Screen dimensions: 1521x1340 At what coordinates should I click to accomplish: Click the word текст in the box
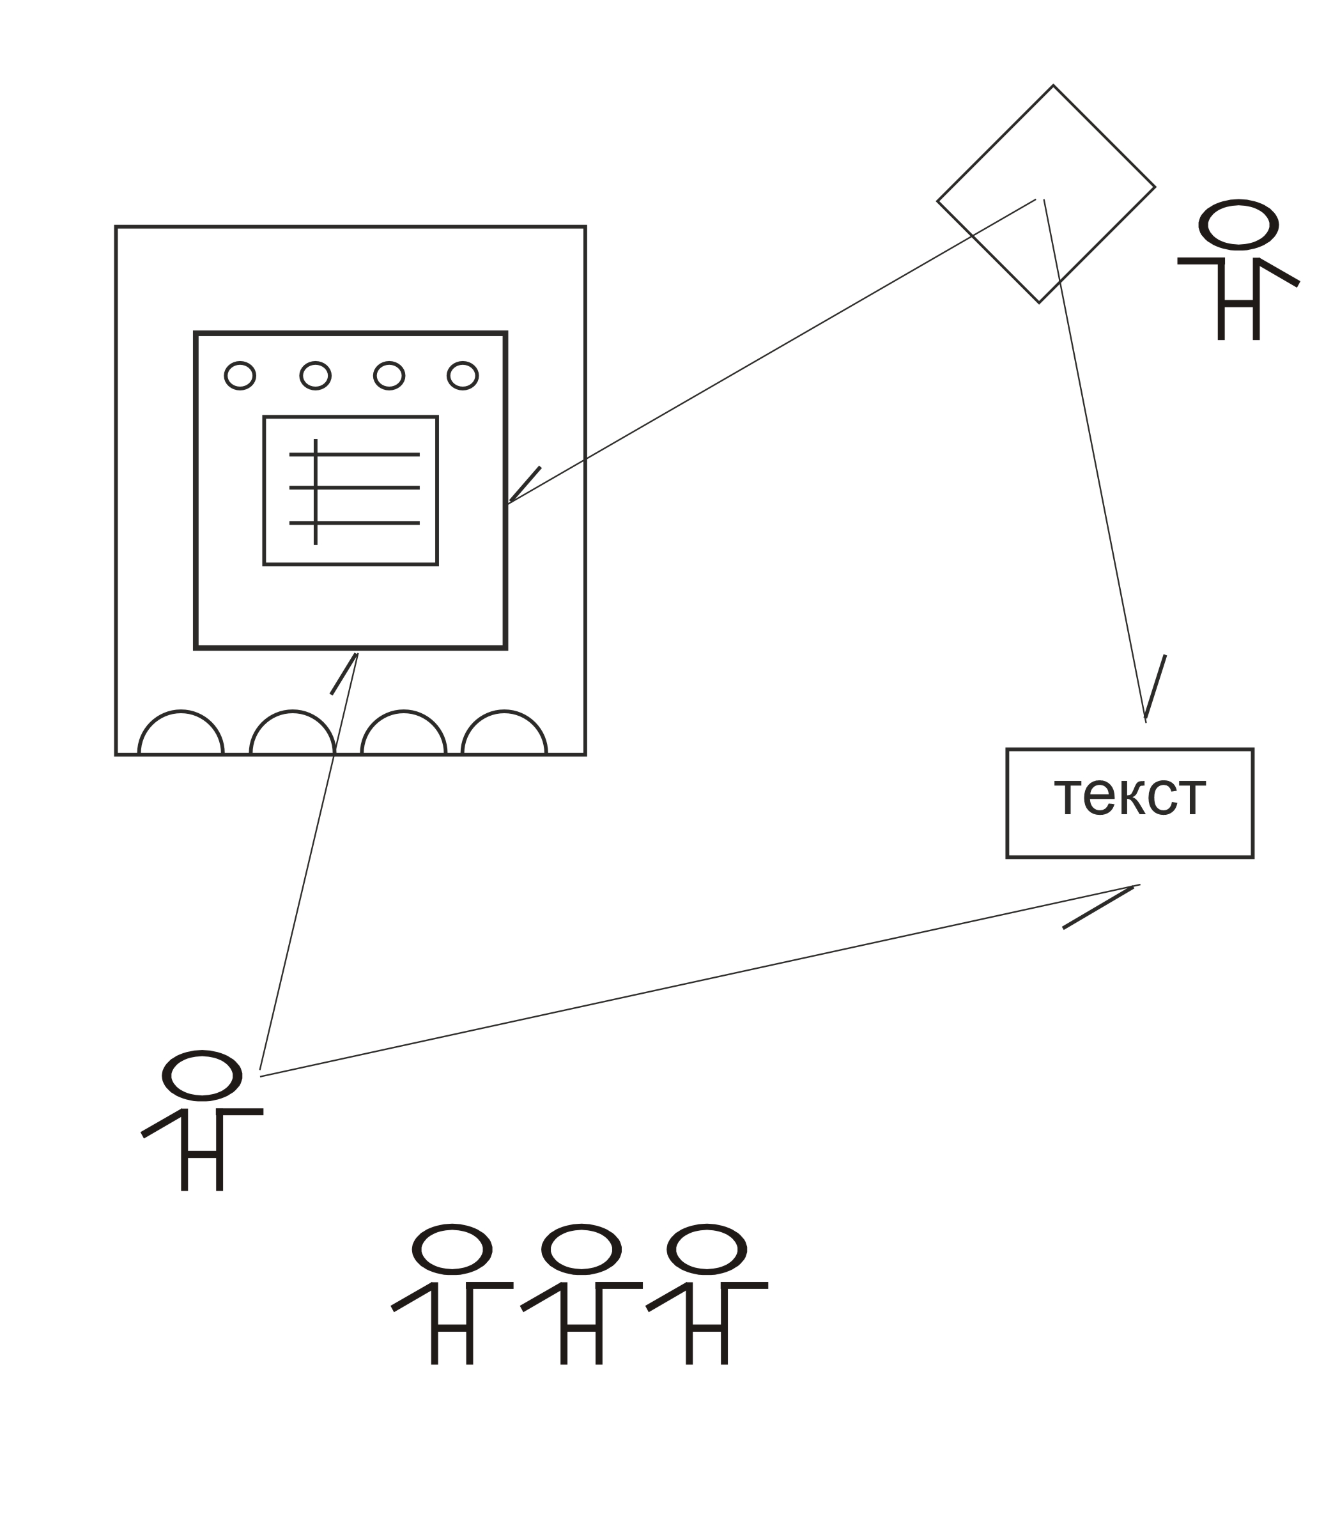coord(1129,797)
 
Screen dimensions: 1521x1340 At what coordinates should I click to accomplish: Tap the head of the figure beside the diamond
coord(1238,224)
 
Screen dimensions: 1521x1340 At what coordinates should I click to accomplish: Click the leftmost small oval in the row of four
coord(240,376)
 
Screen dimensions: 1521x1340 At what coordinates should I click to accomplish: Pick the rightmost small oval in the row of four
coord(462,376)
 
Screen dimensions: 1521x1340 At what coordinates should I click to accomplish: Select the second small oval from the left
coord(315,376)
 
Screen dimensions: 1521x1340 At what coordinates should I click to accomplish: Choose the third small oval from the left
coord(389,376)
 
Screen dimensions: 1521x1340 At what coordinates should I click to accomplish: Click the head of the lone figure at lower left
coord(202,1076)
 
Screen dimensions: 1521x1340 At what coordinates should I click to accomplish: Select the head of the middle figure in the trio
coord(581,1249)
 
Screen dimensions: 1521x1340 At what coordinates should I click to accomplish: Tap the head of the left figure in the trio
coord(452,1249)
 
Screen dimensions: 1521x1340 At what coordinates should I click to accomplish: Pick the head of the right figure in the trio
coord(706,1249)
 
